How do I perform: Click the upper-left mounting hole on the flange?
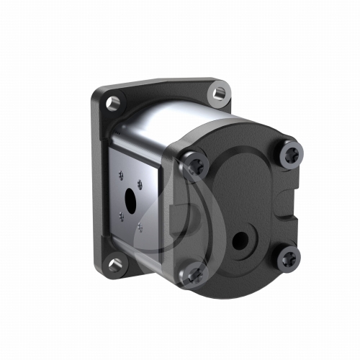(x=112, y=103)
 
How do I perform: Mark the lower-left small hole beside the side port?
(x=122, y=214)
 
